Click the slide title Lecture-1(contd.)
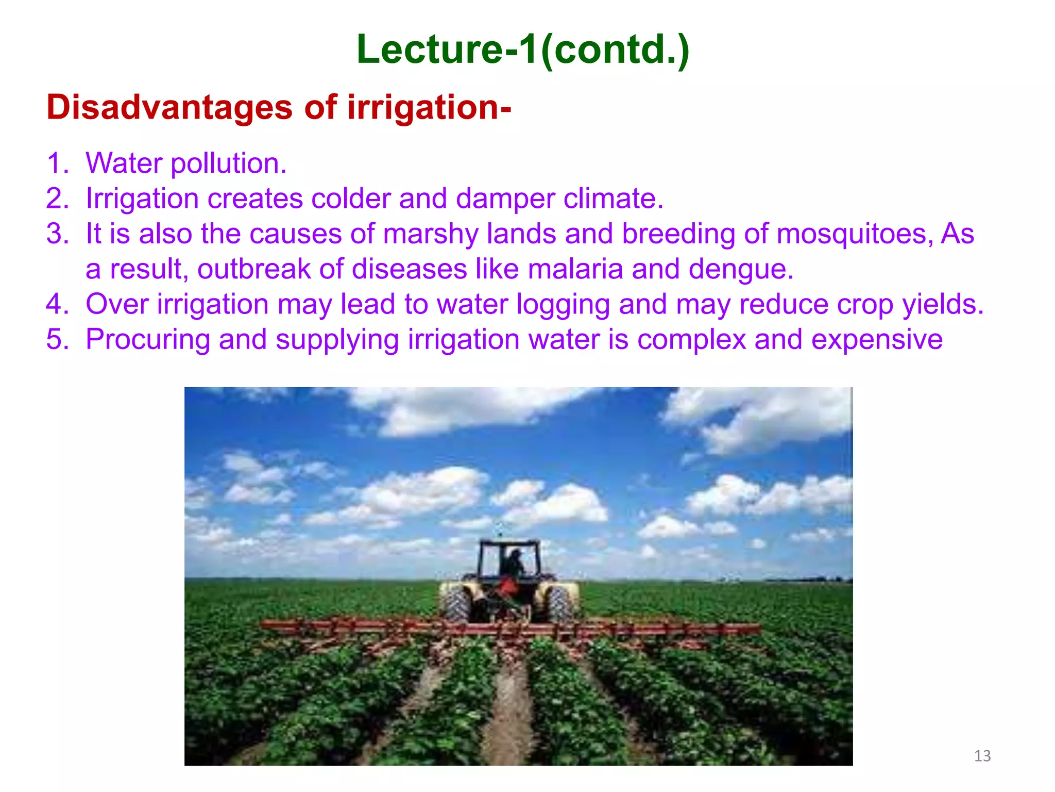[x=522, y=49]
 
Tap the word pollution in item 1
[x=228, y=163]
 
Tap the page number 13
[x=982, y=756]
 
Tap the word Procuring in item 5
[x=147, y=339]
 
